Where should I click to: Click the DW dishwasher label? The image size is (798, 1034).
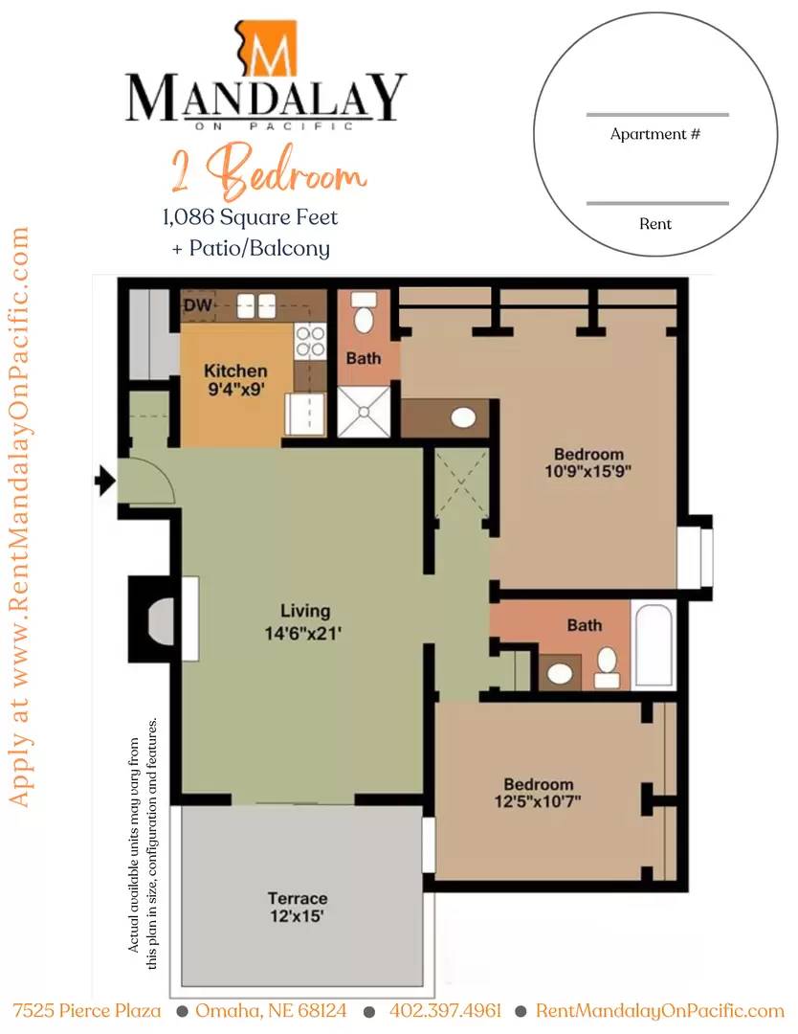(197, 304)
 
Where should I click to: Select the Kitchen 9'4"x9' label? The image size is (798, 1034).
(235, 380)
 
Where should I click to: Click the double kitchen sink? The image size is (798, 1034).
(256, 306)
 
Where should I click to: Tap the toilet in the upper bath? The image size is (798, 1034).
(363, 313)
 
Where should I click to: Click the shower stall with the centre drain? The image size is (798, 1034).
(364, 412)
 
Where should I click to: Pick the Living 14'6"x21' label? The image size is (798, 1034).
(303, 622)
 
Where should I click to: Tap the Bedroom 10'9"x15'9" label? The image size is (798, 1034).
(588, 462)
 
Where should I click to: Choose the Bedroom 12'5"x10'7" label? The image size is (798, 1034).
(538, 793)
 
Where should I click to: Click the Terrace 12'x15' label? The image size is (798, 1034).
(298, 907)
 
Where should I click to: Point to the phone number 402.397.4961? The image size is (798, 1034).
(446, 1010)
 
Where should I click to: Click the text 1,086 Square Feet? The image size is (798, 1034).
(251, 217)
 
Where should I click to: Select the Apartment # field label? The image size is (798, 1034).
(655, 134)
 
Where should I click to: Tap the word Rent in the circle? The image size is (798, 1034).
(655, 223)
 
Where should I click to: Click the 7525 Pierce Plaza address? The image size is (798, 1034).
(86, 1010)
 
